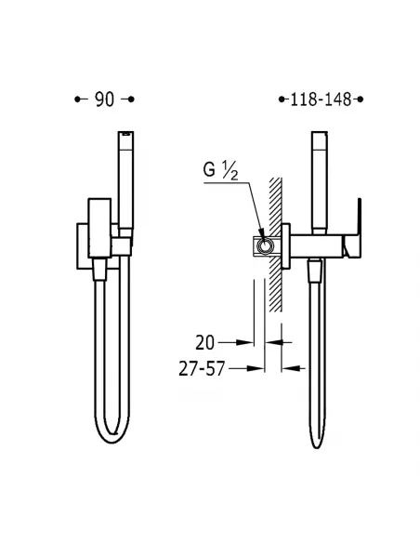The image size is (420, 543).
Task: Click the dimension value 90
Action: coord(104,99)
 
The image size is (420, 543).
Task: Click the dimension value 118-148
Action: coord(322,99)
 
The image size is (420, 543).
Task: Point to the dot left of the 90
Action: coord(78,99)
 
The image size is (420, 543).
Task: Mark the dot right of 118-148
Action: coord(361,99)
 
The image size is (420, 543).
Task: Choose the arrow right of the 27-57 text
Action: coord(298,368)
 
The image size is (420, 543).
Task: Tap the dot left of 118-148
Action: coord(282,99)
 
